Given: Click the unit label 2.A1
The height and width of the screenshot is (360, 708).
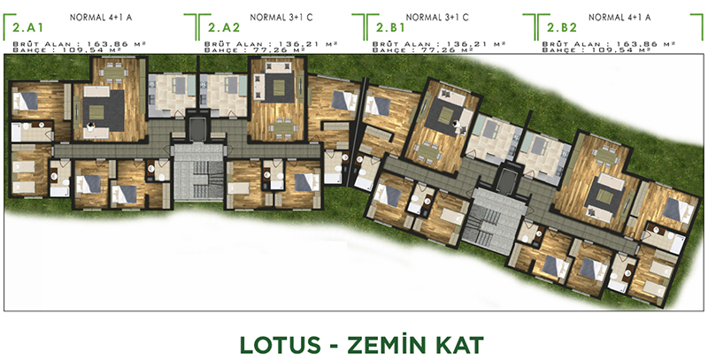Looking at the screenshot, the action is pos(28,27).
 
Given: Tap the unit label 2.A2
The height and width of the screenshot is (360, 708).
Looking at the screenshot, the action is pos(224,27).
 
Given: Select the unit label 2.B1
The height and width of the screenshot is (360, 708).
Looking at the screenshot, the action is pos(390,27).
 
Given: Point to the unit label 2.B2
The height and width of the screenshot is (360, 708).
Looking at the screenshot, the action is pos(562,27).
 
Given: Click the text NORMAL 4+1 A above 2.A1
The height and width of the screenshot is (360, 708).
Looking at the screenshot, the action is pos(101,18).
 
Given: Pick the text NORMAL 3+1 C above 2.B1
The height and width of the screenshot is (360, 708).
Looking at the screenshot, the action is pos(437,18).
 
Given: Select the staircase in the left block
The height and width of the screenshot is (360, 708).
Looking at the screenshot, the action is pos(198,172).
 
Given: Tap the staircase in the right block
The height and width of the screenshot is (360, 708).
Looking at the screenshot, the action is pos(494,216).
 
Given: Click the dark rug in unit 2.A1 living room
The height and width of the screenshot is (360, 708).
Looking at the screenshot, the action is pos(104,111).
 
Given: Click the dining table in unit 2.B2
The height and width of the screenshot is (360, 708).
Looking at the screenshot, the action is pos(605,156).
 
